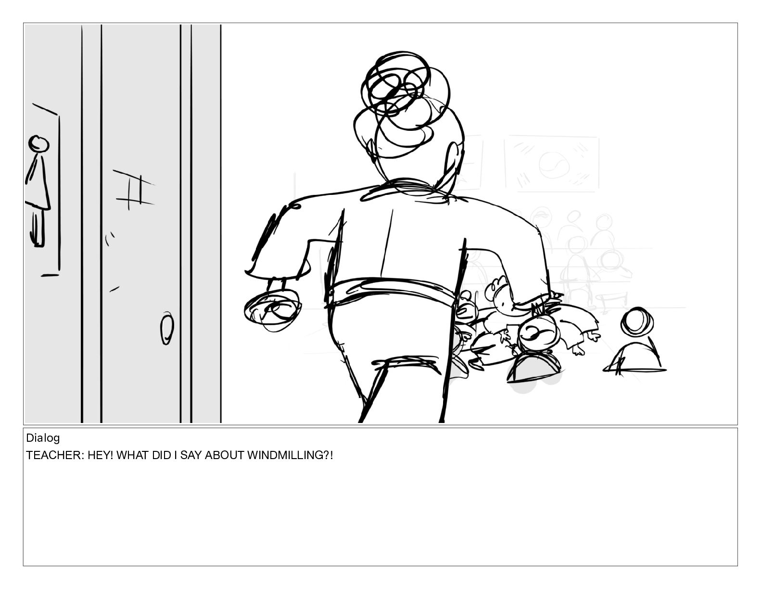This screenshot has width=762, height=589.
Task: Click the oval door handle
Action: (x=167, y=328)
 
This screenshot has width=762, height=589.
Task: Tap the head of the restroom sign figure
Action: (x=38, y=143)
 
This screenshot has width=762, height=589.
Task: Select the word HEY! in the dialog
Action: (x=100, y=455)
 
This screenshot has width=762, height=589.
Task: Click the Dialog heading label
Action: (x=43, y=438)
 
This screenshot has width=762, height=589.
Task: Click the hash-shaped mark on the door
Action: (x=134, y=190)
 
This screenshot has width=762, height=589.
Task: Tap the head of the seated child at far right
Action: (x=637, y=321)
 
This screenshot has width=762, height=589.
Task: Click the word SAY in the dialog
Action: (x=190, y=455)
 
